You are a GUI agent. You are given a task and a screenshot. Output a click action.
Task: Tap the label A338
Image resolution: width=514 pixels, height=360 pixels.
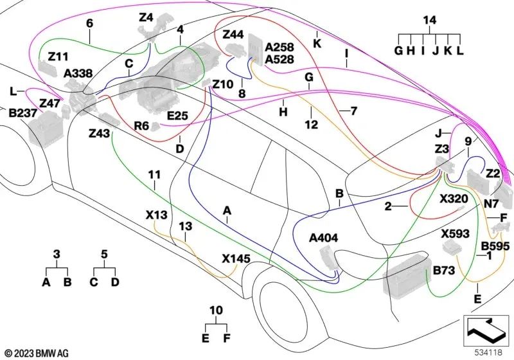[78, 74]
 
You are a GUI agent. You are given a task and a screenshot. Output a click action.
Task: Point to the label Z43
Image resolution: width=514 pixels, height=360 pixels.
[99, 133]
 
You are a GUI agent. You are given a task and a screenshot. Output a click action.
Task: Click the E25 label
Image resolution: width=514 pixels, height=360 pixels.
[177, 116]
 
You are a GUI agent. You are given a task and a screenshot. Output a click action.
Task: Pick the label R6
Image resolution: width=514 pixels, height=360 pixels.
[142, 125]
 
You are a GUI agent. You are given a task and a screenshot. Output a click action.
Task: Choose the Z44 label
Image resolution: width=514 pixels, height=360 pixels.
[233, 34]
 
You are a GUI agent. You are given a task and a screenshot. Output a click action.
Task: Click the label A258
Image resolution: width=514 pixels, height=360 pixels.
[279, 48]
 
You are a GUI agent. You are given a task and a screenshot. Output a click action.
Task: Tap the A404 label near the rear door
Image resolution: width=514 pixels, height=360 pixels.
[323, 239]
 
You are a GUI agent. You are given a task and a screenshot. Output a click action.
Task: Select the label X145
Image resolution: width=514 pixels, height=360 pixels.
[236, 258]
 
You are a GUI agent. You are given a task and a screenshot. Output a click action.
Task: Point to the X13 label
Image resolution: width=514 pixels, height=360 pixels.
[157, 214]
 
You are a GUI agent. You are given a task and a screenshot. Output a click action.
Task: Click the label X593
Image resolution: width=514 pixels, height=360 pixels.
[455, 233]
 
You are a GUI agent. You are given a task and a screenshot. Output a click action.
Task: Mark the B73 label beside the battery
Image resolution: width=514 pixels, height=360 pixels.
[445, 271]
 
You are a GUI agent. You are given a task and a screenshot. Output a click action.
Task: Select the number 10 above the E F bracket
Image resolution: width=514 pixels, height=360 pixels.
[217, 311]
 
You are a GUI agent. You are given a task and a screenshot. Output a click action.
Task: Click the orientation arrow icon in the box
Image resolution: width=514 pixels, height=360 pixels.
[486, 330]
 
